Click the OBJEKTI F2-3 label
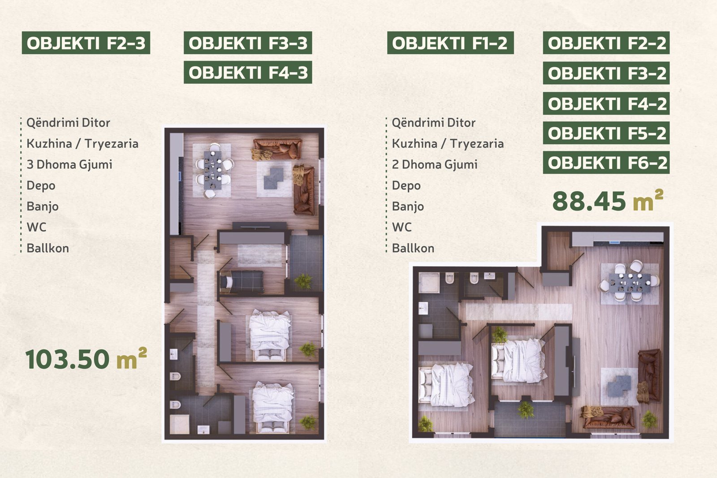pyautogui.click(x=86, y=43)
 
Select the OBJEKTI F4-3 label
pyautogui.click(x=248, y=72)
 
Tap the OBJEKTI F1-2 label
pyautogui.click(x=450, y=43)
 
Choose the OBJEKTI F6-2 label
pyautogui.click(x=606, y=163)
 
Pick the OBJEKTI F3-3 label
pyautogui.click(x=248, y=43)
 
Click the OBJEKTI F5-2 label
pyautogui.click(x=606, y=133)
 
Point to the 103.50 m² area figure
pyautogui.click(x=86, y=359)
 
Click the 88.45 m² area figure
pyautogui.click(x=608, y=201)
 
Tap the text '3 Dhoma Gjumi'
pyautogui.click(x=69, y=164)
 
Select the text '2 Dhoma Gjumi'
pyautogui.click(x=435, y=164)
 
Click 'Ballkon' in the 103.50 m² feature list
pyautogui.click(x=48, y=248)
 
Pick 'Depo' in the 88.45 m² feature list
pyautogui.click(x=406, y=185)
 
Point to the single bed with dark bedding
pyautogui.click(x=242, y=282)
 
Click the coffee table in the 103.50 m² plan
pyautogui.click(x=274, y=179)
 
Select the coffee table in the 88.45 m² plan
pyautogui.click(x=619, y=386)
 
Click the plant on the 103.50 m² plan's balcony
pyautogui.click(x=303, y=281)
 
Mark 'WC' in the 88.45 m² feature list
pyautogui.click(x=402, y=227)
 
